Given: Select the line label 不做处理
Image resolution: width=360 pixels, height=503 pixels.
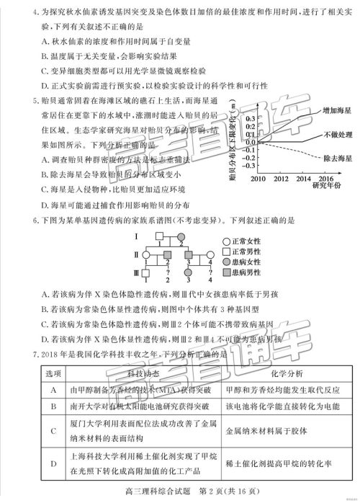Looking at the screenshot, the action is click(333, 135).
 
